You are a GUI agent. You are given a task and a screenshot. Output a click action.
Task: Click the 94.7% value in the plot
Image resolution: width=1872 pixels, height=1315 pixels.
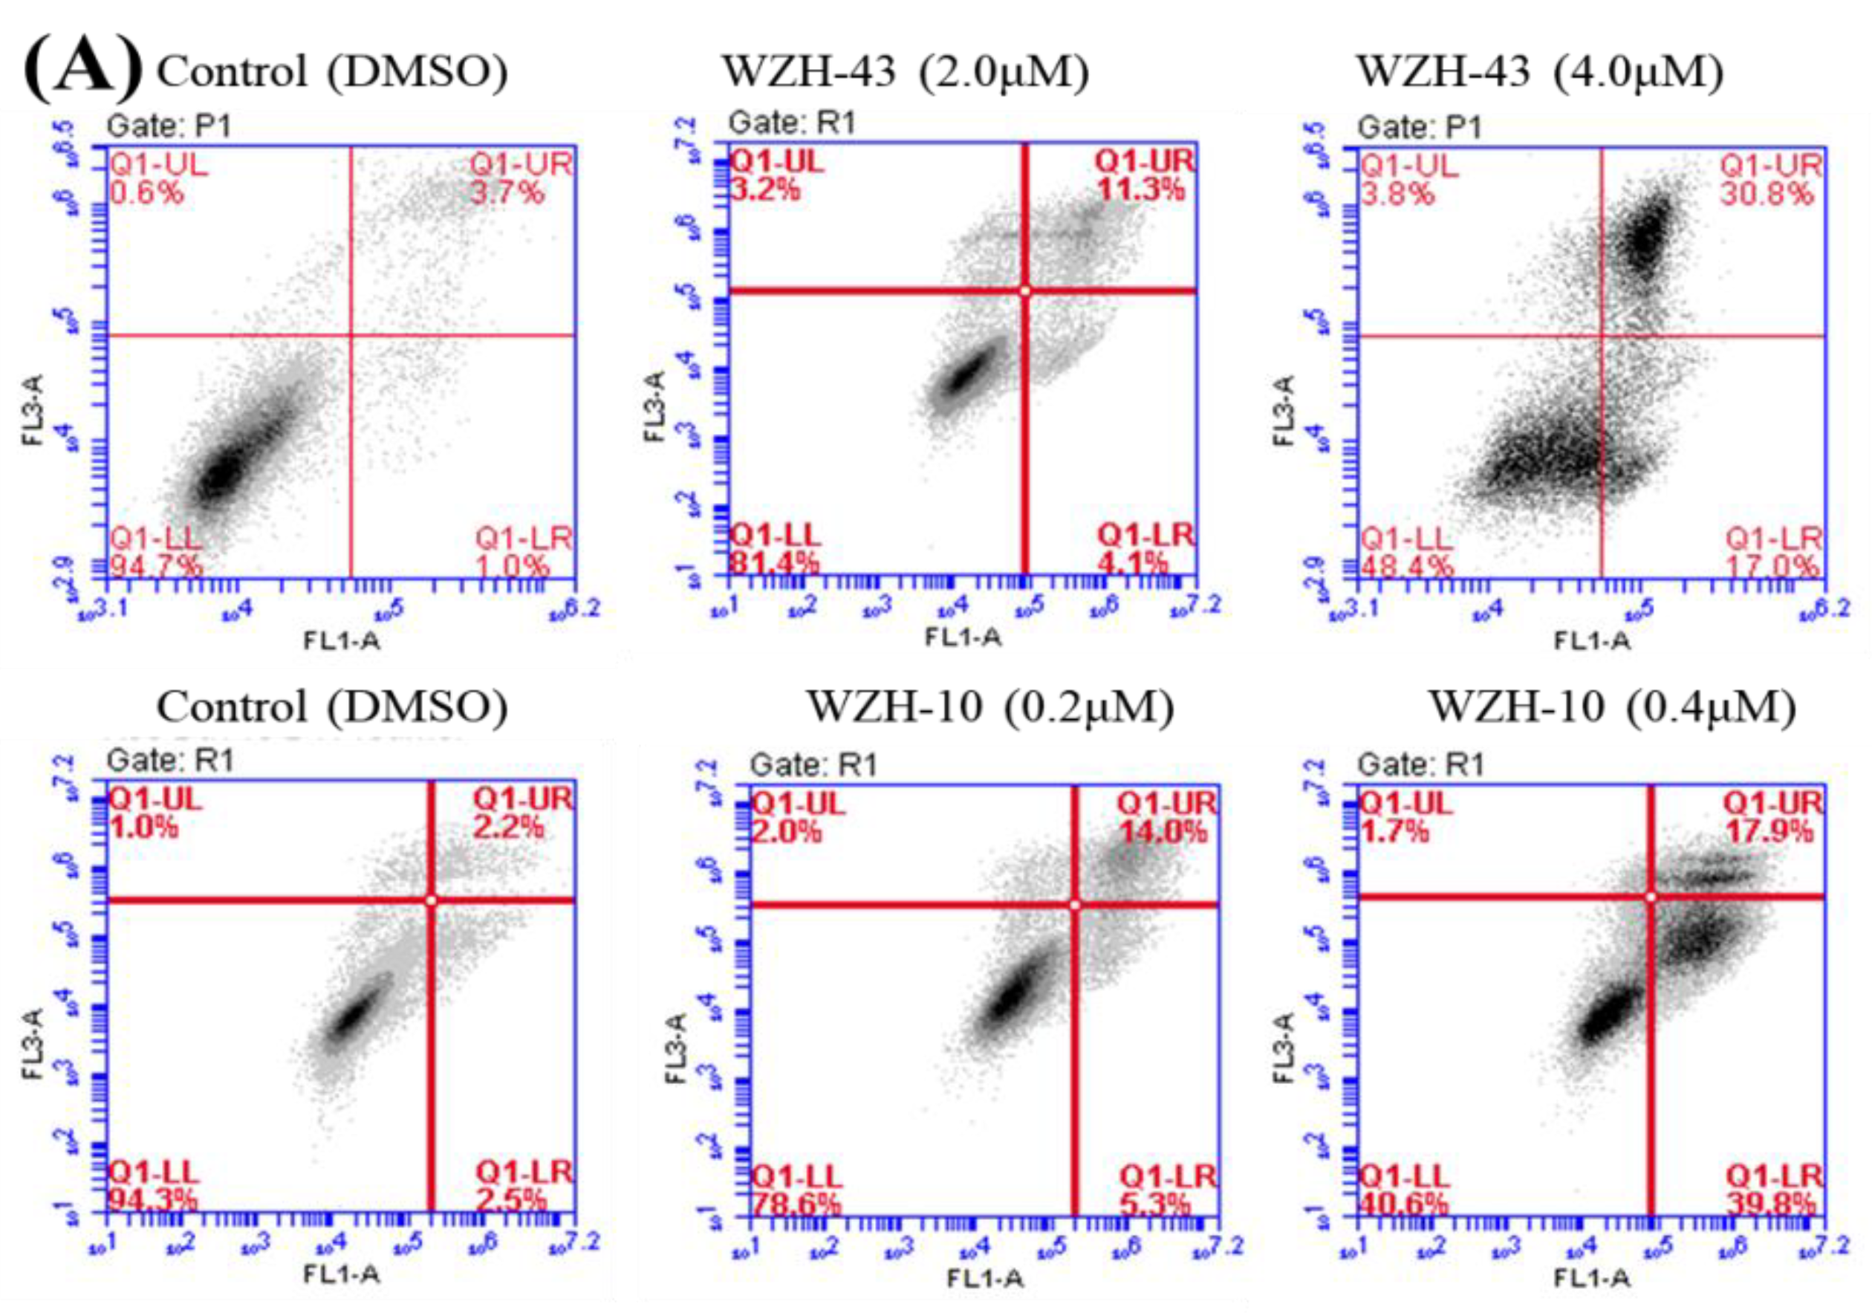pos(156,565)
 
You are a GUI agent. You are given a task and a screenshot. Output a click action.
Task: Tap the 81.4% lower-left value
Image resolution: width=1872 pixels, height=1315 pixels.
pos(775,562)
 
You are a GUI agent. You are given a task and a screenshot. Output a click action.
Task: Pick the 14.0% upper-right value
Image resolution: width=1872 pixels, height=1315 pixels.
pos(1162,832)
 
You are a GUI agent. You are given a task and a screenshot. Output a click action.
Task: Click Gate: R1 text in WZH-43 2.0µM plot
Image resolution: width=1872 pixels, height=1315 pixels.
pos(792,123)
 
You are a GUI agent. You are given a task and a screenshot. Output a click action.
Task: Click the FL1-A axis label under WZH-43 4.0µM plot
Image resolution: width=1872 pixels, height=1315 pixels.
pos(1591,642)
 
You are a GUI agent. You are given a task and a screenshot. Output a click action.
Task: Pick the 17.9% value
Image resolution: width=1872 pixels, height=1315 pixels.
pos(1769,831)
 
